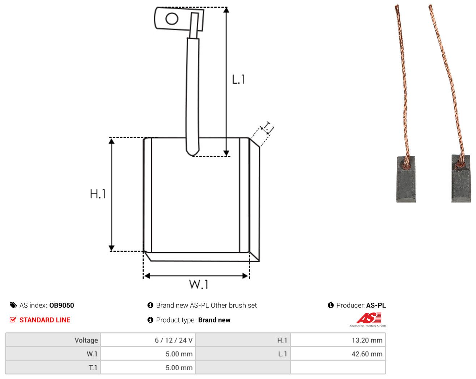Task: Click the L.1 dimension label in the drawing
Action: pyautogui.click(x=238, y=80)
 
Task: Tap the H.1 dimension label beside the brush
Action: pyautogui.click(x=98, y=194)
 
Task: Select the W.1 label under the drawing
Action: pyautogui.click(x=199, y=284)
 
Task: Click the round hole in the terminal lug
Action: pyautogui.click(x=172, y=19)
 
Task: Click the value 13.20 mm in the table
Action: pyautogui.click(x=367, y=340)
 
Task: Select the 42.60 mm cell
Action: pyautogui.click(x=367, y=354)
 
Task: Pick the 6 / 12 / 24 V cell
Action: pyautogui.click(x=174, y=340)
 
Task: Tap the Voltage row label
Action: pyautogui.click(x=86, y=340)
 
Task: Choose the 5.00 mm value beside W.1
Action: pyautogui.click(x=179, y=354)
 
